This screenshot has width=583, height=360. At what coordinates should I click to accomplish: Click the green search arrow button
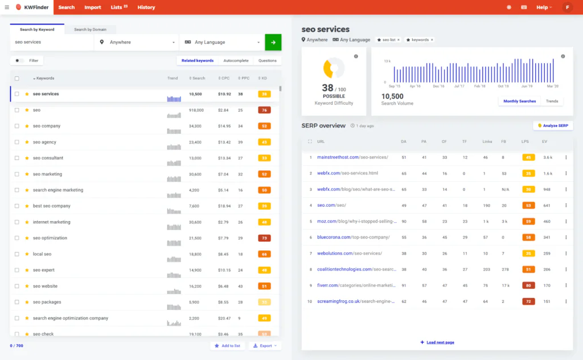[x=273, y=42]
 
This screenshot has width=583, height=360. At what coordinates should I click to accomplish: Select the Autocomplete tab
[x=236, y=60]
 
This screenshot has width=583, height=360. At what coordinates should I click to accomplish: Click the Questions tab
[x=268, y=60]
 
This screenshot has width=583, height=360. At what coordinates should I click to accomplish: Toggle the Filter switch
[x=19, y=60]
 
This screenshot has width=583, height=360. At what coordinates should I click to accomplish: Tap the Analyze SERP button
[x=553, y=125]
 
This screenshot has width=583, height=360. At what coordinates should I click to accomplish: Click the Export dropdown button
[x=265, y=346]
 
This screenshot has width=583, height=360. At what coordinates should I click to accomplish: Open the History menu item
[x=146, y=7]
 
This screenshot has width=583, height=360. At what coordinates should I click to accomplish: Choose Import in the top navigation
[x=92, y=7]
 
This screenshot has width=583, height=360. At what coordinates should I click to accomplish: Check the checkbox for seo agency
[x=17, y=142]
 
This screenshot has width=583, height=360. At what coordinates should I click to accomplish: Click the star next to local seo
[x=27, y=254]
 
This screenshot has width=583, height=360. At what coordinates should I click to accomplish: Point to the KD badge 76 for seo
[x=264, y=110]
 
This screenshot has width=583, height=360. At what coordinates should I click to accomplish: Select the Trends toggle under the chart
[x=552, y=101]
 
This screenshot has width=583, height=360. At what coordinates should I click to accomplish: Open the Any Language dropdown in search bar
[x=222, y=42]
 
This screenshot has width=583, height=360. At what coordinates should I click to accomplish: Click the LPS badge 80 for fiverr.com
[x=528, y=285]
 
